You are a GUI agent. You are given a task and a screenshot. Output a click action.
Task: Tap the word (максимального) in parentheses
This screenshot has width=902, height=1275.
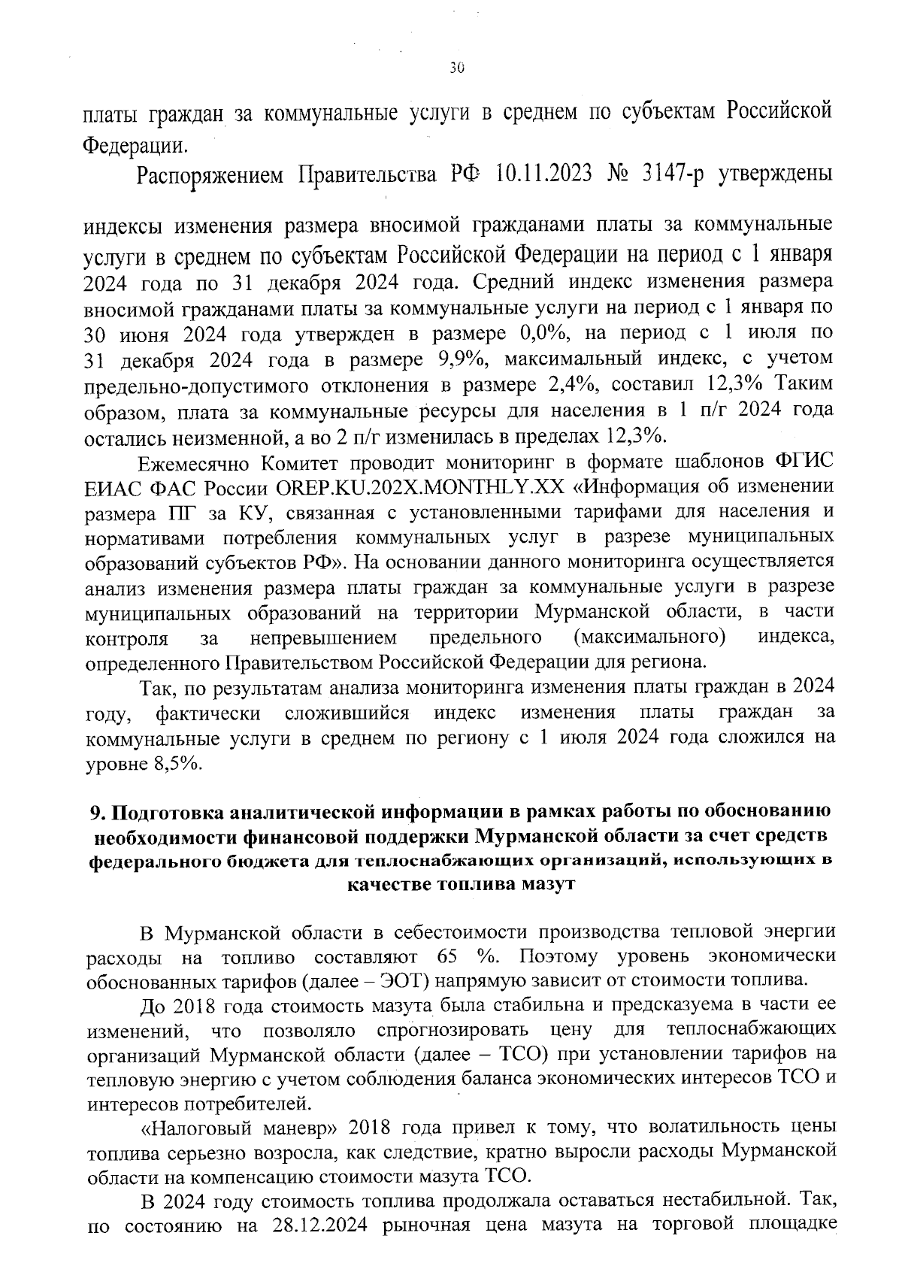coord(650,638)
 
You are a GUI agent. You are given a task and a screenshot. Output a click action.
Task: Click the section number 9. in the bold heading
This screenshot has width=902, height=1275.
coord(95,813)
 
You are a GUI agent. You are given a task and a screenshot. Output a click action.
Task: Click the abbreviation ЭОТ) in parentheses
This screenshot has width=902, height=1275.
coord(402,981)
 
